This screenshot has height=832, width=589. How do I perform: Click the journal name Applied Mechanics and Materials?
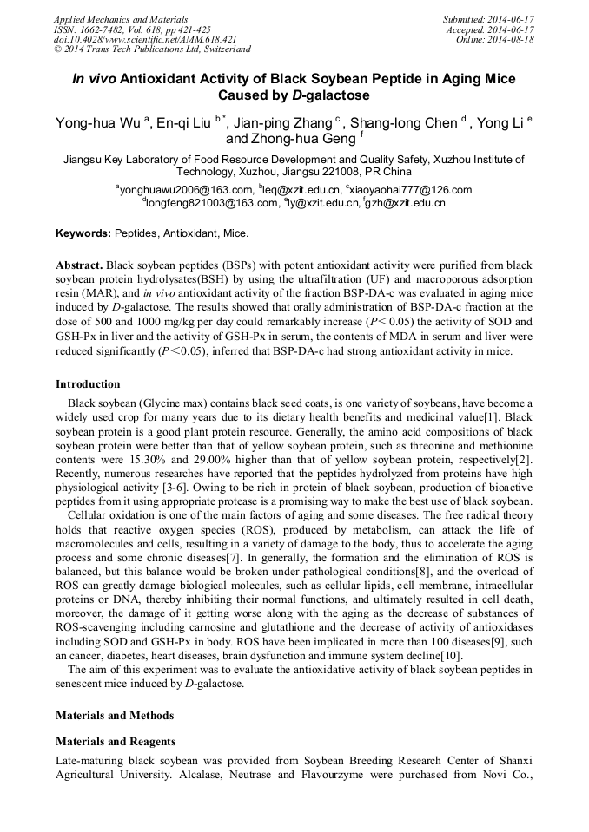[121, 18]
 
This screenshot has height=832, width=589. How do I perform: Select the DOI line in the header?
[132, 39]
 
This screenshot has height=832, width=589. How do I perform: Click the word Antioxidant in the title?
[162, 79]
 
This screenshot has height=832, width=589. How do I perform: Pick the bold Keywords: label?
[83, 233]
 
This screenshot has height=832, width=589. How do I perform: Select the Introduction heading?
[88, 383]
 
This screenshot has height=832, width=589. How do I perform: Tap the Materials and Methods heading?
[115, 716]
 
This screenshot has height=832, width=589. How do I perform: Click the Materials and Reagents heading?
[116, 742]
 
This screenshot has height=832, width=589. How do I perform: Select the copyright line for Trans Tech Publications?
[153, 49]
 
